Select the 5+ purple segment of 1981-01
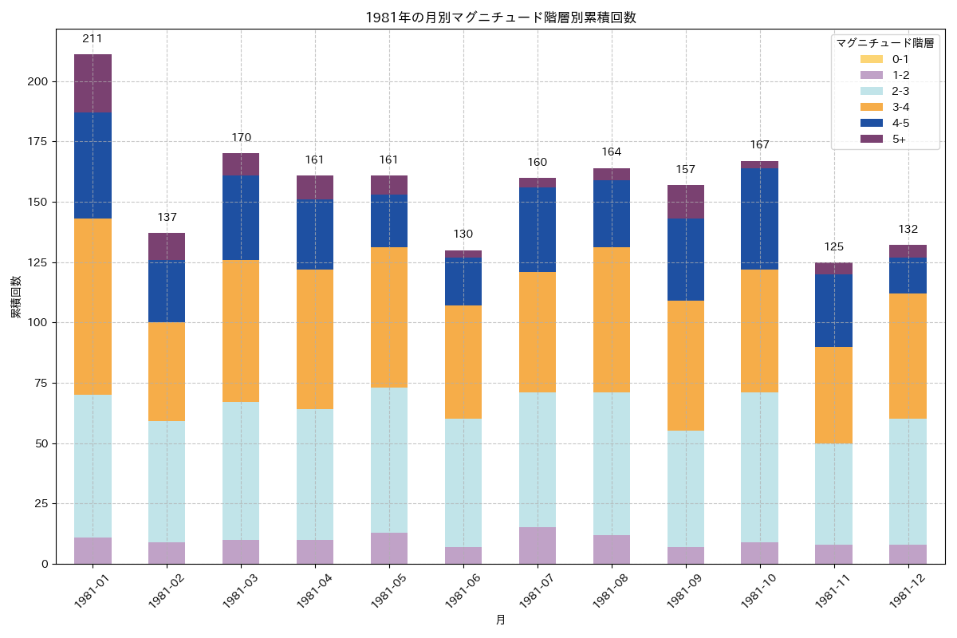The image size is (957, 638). (93, 84)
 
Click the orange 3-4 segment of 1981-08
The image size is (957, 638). (612, 320)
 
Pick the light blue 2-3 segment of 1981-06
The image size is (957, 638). (463, 482)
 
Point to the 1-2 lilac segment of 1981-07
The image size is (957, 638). (538, 545)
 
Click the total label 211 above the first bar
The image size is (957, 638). (93, 38)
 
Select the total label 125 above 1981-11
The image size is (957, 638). (833, 246)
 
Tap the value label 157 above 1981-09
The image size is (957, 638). (686, 170)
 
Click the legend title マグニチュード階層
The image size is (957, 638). (884, 42)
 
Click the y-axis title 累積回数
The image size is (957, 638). (16, 298)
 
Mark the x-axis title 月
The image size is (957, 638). (501, 620)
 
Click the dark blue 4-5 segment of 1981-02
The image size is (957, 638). (167, 290)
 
